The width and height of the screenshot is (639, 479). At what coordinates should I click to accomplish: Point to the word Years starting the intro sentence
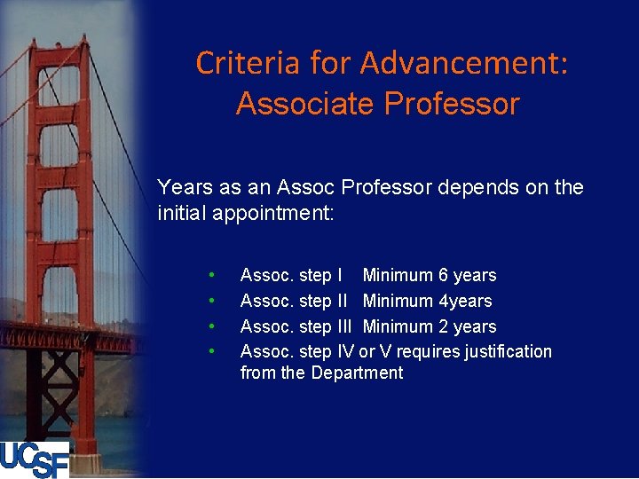point(183,187)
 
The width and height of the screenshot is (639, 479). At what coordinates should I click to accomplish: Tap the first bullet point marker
point(211,276)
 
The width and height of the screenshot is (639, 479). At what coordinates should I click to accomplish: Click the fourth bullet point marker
point(211,352)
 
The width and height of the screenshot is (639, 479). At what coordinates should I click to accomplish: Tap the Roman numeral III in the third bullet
point(348,326)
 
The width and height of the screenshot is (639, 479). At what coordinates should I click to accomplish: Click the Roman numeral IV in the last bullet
point(347,352)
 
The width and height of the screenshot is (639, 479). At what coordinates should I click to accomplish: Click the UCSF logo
point(35,459)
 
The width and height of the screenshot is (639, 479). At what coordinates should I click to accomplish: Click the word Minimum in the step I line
point(397,276)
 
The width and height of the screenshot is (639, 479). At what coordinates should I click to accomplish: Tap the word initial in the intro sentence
point(182,213)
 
